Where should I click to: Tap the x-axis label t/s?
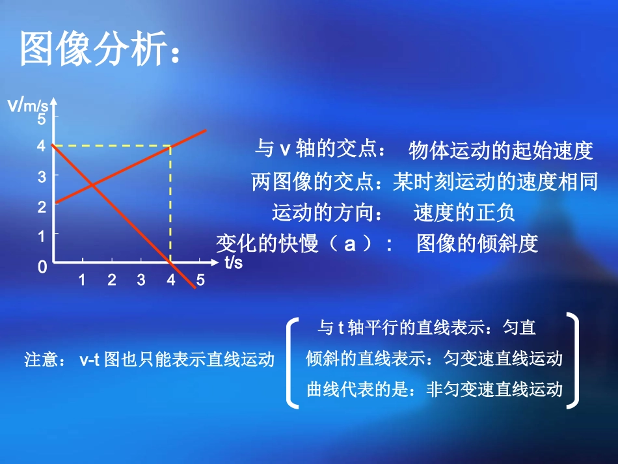(x=233, y=263)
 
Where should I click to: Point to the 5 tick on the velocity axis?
(x=42, y=119)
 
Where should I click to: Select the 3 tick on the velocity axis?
(x=42, y=176)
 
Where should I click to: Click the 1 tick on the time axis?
(x=82, y=280)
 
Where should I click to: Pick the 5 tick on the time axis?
(x=200, y=280)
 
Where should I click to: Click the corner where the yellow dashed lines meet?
(x=170, y=146)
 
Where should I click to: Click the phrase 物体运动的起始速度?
(x=500, y=151)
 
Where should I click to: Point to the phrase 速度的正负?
(x=464, y=213)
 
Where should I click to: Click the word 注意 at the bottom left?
(x=41, y=360)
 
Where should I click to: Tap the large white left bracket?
(x=292, y=361)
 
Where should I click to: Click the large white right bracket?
(x=572, y=361)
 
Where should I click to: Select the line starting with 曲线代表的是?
(x=434, y=389)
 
